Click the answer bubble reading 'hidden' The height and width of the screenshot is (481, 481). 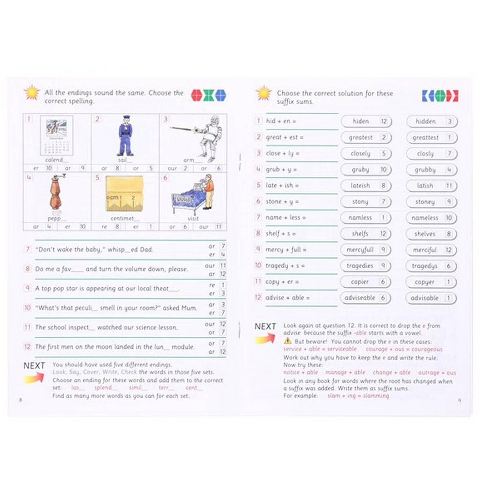pos(431,121)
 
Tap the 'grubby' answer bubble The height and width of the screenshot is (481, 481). pos(431,170)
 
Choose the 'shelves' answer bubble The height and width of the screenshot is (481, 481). pos(431,234)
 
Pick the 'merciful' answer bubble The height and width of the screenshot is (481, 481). pos(431,250)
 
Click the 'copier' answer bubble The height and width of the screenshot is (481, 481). pos(366,282)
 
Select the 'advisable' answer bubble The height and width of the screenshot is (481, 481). pos(431,298)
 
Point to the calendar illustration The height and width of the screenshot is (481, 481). pos(57,136)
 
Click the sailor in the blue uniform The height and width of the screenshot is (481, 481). pos(125,136)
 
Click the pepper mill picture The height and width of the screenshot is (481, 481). pos(57,194)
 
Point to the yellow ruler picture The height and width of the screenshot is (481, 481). pos(125,194)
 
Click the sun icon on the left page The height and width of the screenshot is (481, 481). pos(31,93)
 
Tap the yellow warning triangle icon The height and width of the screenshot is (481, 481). pos(287,341)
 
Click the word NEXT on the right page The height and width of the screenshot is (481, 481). pos(265,326)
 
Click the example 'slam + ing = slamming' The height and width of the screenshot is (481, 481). pos(358,396)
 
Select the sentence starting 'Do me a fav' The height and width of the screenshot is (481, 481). pos(111,269)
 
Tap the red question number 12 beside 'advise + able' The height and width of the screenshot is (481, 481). pos(258,297)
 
